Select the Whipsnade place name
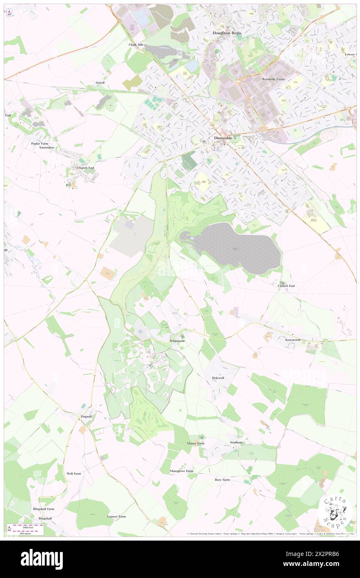pos(180,341)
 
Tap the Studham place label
pos(236,442)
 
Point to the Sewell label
pos(100,83)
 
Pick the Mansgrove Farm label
pos(182,471)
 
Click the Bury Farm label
pos(222,479)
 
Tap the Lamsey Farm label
pos(116,516)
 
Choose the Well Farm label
pos(74,474)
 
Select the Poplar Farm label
pos(40,143)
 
